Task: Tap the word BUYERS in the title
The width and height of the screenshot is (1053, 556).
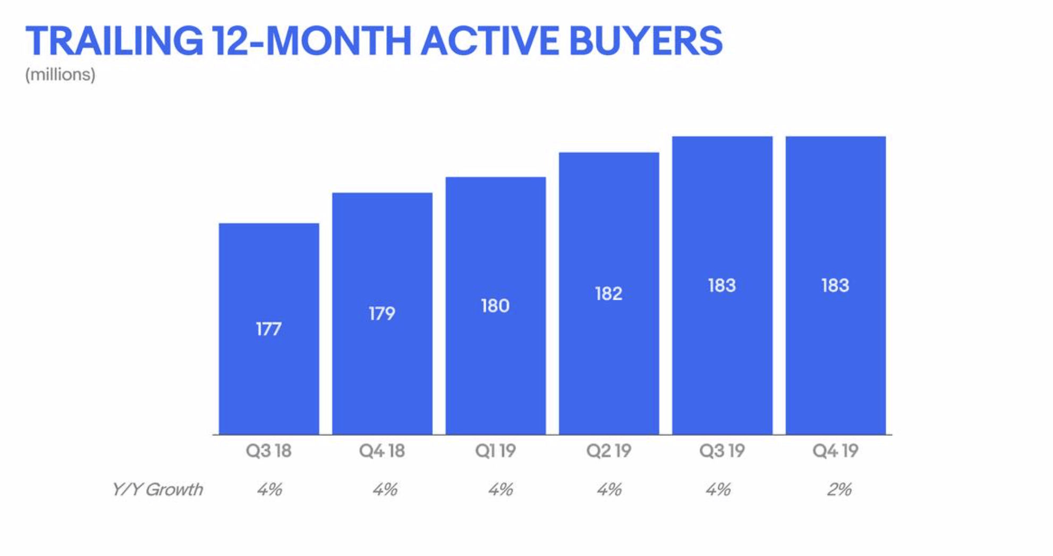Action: pyautogui.click(x=646, y=41)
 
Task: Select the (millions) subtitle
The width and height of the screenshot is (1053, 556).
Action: pyautogui.click(x=60, y=74)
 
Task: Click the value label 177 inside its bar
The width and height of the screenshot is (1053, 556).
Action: pyautogui.click(x=269, y=330)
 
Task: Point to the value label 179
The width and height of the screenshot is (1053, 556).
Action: pyautogui.click(x=382, y=314)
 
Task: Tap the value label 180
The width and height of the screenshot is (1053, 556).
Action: pyautogui.click(x=495, y=306)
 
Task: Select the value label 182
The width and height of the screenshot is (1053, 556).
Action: pyautogui.click(x=608, y=293)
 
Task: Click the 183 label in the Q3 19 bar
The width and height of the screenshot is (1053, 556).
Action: pyautogui.click(x=722, y=285)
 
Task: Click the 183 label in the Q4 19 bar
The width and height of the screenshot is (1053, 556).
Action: pyautogui.click(x=835, y=285)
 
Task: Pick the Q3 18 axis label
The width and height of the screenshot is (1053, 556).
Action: pyautogui.click(x=269, y=451)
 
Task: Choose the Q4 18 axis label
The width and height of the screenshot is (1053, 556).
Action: pyautogui.click(x=382, y=451)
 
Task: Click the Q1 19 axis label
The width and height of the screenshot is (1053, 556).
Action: pyautogui.click(x=495, y=451)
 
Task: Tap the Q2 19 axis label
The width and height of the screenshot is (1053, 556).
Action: pyautogui.click(x=608, y=451)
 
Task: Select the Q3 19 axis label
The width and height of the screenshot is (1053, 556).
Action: pyautogui.click(x=722, y=451)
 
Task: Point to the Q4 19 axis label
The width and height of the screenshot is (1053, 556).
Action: pyautogui.click(x=835, y=451)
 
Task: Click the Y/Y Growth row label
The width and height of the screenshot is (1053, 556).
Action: pyautogui.click(x=157, y=489)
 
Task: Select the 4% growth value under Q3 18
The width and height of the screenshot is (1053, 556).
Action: pyautogui.click(x=270, y=489)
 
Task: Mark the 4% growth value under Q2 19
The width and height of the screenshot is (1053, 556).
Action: pyautogui.click(x=609, y=489)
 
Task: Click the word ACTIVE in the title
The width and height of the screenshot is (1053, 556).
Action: pyautogui.click(x=489, y=41)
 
